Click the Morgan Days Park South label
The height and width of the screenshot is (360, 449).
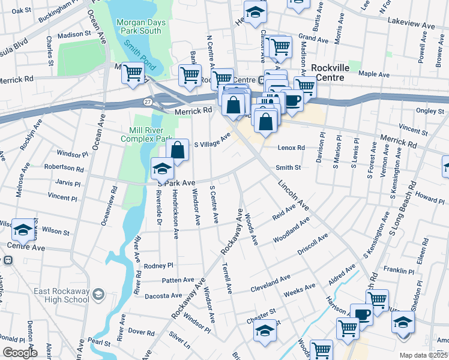coord(138,26)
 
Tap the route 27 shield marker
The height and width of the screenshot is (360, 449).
coord(147,103)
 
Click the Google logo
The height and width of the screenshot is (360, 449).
coord(19,352)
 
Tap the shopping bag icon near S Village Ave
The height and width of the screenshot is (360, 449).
coord(178,150)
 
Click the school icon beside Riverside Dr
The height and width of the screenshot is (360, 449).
coord(162,169)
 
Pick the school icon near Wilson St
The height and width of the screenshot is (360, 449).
coord(23,229)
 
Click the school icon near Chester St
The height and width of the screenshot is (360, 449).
coord(265,330)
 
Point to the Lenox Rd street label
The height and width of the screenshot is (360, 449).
coord(291,148)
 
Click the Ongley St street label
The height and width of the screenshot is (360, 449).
coord(430,111)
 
